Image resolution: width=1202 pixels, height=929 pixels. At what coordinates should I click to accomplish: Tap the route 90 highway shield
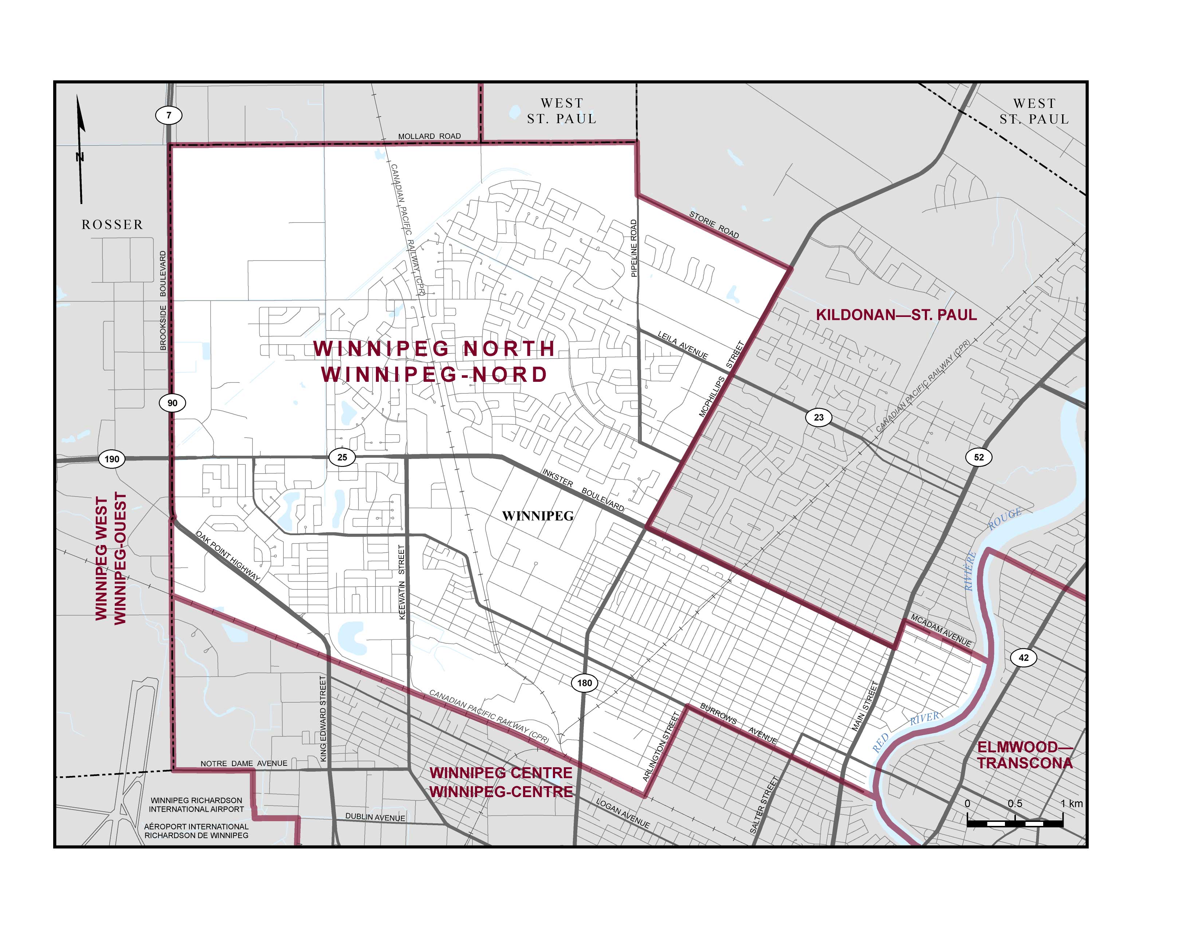pos(172,403)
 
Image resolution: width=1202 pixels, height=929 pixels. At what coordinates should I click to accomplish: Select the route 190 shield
pos(112,459)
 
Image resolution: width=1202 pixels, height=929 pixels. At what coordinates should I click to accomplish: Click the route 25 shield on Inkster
pos(342,457)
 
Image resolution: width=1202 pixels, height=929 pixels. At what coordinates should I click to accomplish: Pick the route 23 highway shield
pos(818,417)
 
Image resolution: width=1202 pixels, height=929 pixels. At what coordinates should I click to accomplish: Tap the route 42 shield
pos(1023,657)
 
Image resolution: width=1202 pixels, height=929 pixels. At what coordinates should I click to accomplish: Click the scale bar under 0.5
pos(1015,823)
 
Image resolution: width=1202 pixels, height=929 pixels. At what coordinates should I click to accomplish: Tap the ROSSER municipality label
pos(112,224)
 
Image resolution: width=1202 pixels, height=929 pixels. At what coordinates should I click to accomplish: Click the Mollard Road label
pos(429,136)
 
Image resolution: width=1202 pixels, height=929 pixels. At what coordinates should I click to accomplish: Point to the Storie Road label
pos(714,225)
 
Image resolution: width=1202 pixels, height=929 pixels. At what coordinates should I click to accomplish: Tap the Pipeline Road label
pos(633,248)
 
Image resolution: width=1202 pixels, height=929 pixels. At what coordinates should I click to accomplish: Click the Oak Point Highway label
pos(227,556)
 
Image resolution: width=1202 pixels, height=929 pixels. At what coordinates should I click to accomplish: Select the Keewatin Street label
pos(402,582)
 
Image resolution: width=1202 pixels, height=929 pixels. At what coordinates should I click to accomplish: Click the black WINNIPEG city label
pos(538,516)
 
